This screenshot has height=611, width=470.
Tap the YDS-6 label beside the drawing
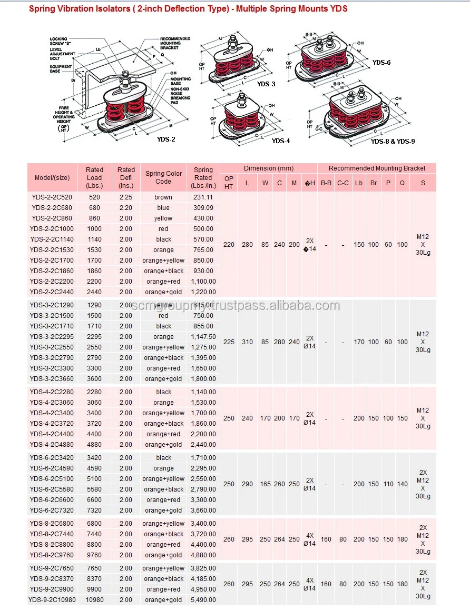point(381,62)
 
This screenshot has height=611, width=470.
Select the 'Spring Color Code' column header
point(163,177)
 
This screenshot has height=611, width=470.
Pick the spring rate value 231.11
point(203,197)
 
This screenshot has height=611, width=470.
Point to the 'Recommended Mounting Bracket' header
point(377,168)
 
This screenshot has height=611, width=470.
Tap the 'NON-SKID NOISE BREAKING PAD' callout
point(180,93)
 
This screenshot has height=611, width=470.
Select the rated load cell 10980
point(94,600)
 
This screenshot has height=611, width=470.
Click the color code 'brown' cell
point(163,197)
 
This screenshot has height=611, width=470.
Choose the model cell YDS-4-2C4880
point(52,445)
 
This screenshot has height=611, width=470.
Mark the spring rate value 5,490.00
point(203,600)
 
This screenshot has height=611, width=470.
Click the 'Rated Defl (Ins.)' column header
point(126,177)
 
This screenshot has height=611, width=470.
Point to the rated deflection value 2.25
point(126,197)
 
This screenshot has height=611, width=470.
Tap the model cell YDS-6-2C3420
point(52,458)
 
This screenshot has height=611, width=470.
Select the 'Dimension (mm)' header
point(268,168)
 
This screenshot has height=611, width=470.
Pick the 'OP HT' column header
point(229,183)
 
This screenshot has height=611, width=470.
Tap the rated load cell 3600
point(94,379)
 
